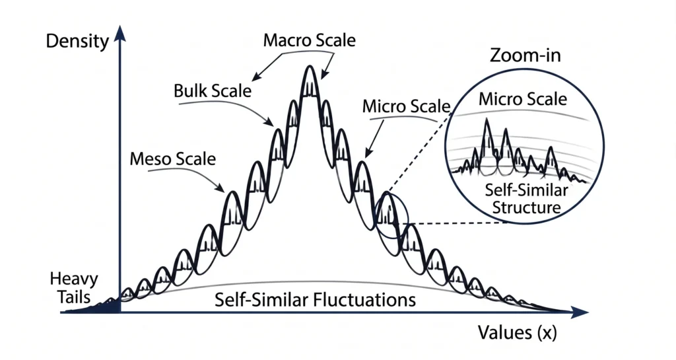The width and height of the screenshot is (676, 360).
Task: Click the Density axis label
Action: [x=77, y=42]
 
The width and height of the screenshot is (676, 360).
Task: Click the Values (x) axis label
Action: [x=518, y=332]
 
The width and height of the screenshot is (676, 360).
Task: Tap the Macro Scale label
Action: [x=310, y=40]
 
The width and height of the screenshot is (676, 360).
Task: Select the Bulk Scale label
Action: [x=213, y=90]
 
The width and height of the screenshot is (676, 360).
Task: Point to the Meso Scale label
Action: [x=172, y=159]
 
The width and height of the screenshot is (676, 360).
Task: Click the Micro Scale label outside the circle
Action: [x=406, y=106]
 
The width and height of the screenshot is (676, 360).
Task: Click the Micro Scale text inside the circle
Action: [x=523, y=99]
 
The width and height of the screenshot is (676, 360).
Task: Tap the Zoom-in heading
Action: [x=525, y=55]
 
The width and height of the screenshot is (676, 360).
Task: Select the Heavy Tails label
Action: [x=74, y=287]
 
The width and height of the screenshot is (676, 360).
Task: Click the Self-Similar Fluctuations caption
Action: [x=315, y=299]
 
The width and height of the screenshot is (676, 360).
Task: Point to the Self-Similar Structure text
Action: [x=526, y=199]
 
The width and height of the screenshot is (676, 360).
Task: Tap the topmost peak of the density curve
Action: [x=309, y=66]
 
